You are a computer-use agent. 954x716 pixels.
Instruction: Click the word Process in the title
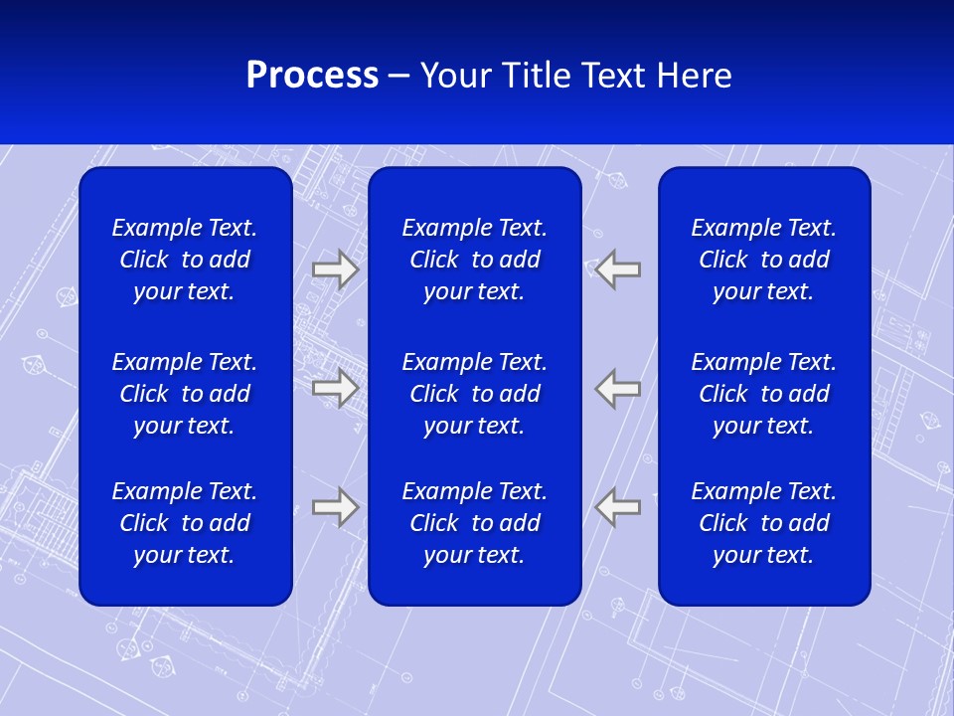click(312, 76)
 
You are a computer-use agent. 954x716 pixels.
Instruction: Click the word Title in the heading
click(534, 76)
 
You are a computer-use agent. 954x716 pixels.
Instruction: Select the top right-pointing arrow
click(335, 268)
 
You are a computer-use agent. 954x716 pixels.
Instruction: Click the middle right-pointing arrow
click(335, 388)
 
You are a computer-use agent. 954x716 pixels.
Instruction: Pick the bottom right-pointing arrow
click(335, 507)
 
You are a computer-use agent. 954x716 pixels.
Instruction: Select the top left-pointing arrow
click(618, 268)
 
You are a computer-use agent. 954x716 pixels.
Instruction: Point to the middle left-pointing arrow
click(618, 388)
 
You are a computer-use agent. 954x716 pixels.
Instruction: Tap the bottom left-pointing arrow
click(618, 507)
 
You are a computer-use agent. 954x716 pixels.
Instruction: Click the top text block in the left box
click(185, 260)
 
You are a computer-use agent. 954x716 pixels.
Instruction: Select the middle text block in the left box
click(185, 394)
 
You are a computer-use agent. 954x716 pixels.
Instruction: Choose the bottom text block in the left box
click(185, 523)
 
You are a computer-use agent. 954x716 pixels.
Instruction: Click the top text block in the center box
click(474, 260)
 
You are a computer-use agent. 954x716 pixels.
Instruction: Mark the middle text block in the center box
click(474, 394)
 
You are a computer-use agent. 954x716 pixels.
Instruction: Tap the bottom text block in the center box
click(474, 523)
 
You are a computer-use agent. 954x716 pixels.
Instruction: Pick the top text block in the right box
click(763, 260)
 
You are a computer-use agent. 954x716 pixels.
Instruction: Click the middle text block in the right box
click(763, 394)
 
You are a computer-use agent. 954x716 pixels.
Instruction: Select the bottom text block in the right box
click(763, 523)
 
